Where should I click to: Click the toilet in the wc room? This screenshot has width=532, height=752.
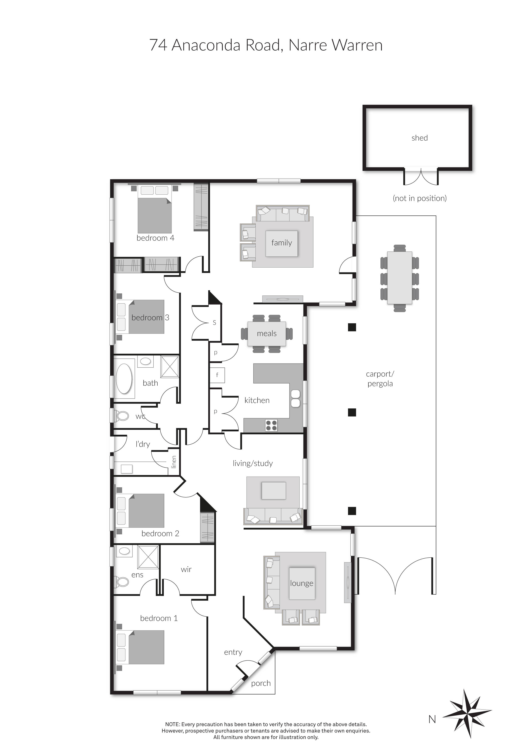point(122,416)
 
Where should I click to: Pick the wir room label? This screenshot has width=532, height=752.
point(186,569)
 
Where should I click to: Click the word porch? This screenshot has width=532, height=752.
point(261,683)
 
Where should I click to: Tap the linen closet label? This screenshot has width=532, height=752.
point(174,462)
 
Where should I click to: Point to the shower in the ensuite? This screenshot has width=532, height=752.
point(148,557)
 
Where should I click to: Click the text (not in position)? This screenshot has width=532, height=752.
point(420,198)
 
